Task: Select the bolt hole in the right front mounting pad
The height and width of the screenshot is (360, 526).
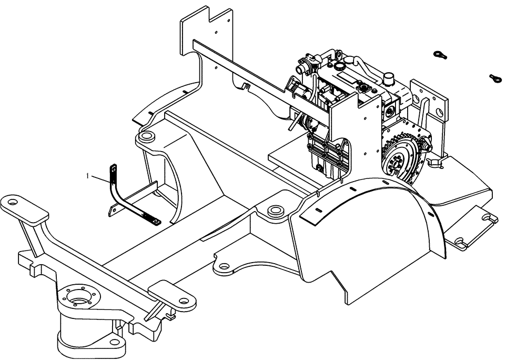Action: (184, 302)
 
